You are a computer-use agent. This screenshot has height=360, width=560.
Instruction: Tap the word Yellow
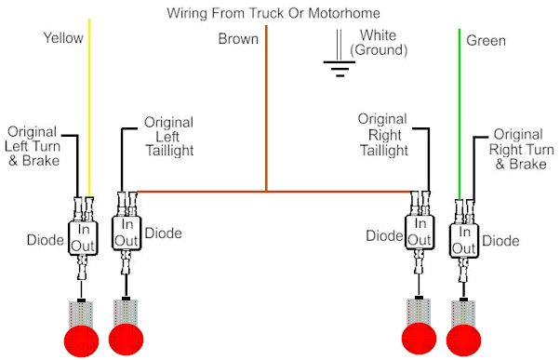point(63,38)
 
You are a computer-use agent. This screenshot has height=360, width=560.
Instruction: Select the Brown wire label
point(238,39)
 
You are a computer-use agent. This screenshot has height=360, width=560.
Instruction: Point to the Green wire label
point(486,40)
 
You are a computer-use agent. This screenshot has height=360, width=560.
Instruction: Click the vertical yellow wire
point(89,112)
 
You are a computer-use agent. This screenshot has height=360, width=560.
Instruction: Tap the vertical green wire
point(460,112)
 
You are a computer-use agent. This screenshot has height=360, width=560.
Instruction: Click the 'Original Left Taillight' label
point(168,137)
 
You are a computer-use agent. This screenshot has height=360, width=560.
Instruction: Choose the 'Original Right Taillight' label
point(383,135)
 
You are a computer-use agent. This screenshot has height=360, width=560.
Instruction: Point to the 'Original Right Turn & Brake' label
point(517,150)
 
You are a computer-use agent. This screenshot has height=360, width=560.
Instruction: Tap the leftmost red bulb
point(78,337)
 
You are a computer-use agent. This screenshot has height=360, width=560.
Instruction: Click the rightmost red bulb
point(464,338)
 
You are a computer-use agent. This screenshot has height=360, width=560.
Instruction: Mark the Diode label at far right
point(500,241)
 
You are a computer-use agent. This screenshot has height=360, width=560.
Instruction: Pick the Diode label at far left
point(45,240)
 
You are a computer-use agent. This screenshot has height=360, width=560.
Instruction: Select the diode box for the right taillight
point(420,233)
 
